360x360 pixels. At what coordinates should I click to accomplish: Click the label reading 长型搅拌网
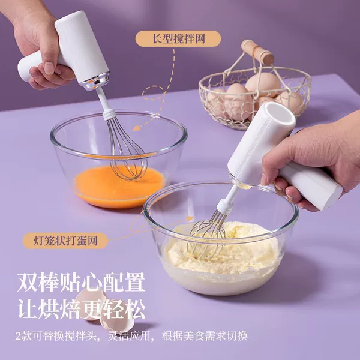pyautogui.click(x=178, y=38)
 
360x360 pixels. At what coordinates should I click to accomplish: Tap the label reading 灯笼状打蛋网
pyautogui.click(x=65, y=241)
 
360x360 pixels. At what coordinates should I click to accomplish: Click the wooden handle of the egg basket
pyautogui.click(x=257, y=52)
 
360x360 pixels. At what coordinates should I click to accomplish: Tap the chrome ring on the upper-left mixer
pyautogui.click(x=95, y=81)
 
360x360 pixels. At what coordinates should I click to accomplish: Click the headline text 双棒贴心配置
pyautogui.click(x=81, y=282)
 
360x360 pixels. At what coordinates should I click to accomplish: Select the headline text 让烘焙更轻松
pyautogui.click(x=81, y=308)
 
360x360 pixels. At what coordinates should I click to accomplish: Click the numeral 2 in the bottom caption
pyautogui.click(x=19, y=336)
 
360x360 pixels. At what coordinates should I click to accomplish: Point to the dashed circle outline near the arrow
pyautogui.click(x=153, y=93)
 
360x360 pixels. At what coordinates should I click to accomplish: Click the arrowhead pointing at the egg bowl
pyautogui.click(x=136, y=128)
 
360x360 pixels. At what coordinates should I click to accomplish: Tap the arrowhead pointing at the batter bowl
pyautogui.click(x=190, y=218)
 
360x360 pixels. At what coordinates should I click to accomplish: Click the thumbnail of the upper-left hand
pyautogui.click(x=49, y=68)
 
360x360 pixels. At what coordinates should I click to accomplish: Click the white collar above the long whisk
pyautogui.click(x=109, y=113)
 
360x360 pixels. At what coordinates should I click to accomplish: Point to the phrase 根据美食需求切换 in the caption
pyautogui.click(x=205, y=336)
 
